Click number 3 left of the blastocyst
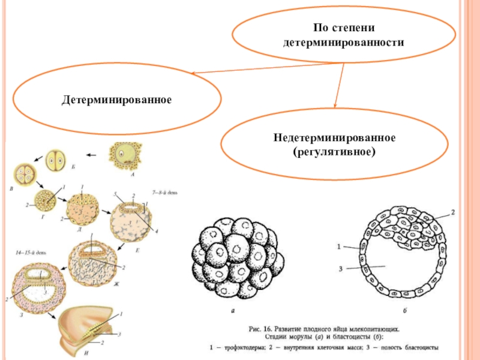point(340,269)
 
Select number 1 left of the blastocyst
point(339,246)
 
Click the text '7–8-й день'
point(164,192)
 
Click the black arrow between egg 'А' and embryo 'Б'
point(91,155)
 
